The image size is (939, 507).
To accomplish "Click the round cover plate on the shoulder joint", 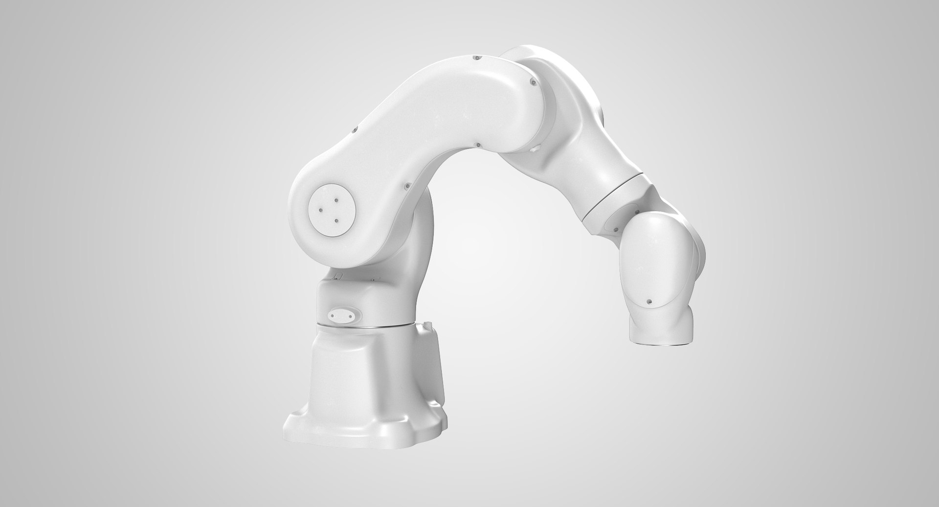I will [331, 212].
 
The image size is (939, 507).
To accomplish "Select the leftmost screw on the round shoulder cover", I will [320, 210].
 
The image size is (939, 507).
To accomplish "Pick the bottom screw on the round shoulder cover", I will [337, 220].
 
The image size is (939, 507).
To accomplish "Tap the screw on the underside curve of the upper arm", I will [476, 144].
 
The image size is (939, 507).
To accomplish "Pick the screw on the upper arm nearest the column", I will [406, 186].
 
